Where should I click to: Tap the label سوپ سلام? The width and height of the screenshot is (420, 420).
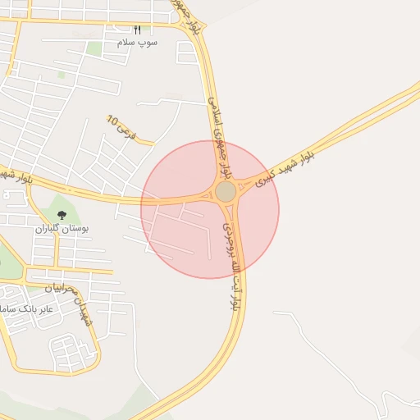coord(137,41)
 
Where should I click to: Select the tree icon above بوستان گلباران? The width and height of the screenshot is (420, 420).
coord(62,215)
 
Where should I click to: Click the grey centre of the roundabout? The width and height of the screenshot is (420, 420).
coord(226,192)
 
